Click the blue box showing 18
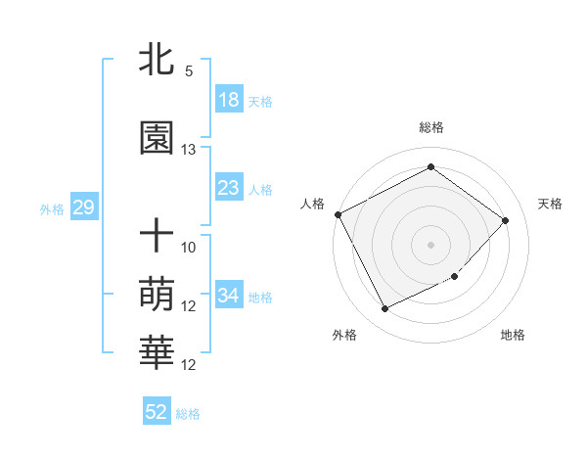point(229,100)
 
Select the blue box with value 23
point(229,188)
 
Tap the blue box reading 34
point(229,296)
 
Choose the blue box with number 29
point(83,207)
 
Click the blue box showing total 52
point(157,412)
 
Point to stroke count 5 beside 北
point(189,71)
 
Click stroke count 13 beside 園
point(189,150)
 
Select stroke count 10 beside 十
point(189,247)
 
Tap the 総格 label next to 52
point(188,414)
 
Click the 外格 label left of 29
point(52,208)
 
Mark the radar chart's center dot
point(430,244)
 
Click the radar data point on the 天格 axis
point(505,220)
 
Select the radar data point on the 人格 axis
point(339,214)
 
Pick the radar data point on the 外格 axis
point(384,309)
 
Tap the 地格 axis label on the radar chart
point(513,335)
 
